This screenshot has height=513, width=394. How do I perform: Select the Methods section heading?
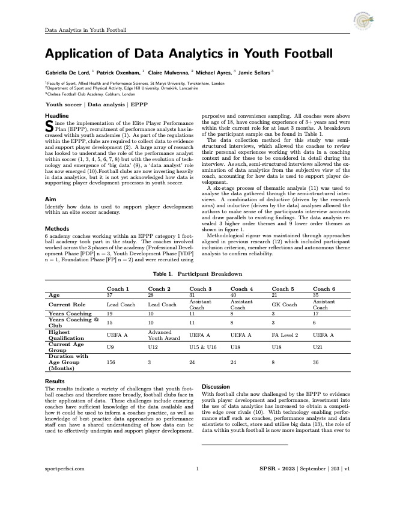click(x=57, y=228)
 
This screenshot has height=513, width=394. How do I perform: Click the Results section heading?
click(x=56, y=381)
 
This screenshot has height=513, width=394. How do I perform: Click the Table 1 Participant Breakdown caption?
click(x=197, y=274)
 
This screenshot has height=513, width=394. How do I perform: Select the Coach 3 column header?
click(x=201, y=289)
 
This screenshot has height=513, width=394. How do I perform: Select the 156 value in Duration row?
click(x=111, y=363)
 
